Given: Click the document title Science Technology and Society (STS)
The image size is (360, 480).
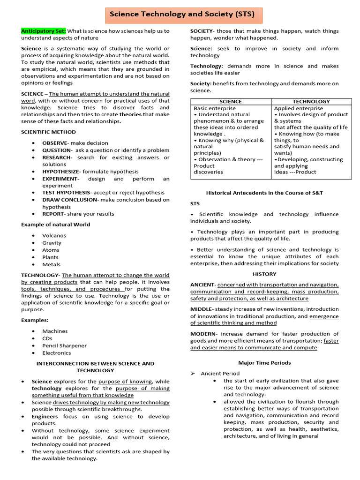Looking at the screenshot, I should coord(182,15).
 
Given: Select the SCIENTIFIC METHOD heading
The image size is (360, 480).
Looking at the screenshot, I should coord(48,132).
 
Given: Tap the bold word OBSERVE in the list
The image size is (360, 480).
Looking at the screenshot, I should coord(54,143).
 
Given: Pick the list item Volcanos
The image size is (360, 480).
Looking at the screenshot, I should coord(54,236).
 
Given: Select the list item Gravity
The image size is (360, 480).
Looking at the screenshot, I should coord(52,243).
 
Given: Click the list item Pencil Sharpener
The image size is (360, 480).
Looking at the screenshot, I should coord(64,345).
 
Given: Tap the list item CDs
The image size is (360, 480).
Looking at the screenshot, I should coord(47,338).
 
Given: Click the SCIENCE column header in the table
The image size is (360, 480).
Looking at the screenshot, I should coord(231,102).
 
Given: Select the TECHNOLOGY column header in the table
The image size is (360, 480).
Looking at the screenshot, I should coord(311,102).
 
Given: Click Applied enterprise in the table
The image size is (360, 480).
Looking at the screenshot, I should coord(298,108).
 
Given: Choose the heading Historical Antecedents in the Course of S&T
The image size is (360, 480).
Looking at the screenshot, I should coord(264,193).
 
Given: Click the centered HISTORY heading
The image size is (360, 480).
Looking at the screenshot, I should coord(264,274).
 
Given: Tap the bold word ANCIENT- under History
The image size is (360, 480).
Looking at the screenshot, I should coord(203,285).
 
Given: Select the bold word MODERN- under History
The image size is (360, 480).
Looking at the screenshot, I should coord(203,333).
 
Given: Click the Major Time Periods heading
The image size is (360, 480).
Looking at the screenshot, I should coord(264,363).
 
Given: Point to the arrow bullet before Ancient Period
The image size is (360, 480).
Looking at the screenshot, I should coord(193,374).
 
